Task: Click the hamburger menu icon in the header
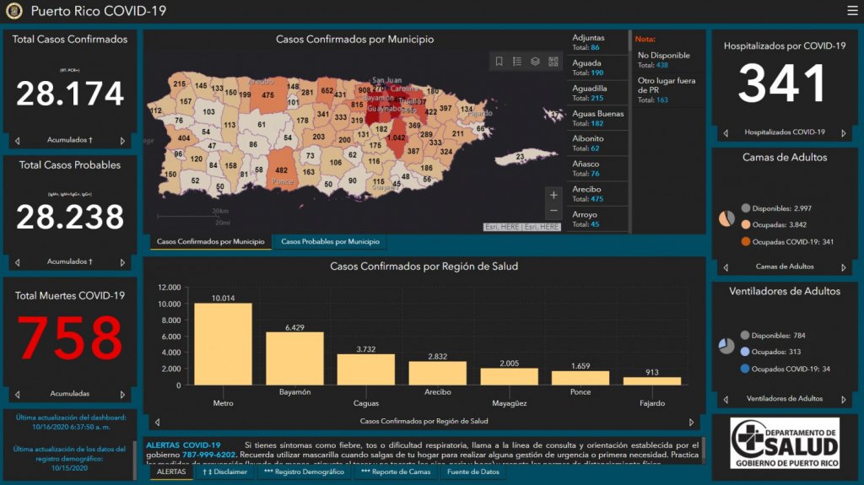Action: click(x=851, y=11)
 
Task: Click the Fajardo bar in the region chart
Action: click(x=652, y=380)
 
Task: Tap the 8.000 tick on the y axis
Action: click(x=169, y=321)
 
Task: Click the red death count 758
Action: click(x=70, y=338)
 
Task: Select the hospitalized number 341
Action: click(x=782, y=84)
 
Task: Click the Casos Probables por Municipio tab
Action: click(x=330, y=242)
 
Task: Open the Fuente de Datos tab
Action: click(x=473, y=472)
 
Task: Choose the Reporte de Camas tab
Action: click(x=395, y=472)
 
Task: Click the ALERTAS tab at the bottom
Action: click(x=171, y=472)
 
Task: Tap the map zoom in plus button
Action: click(x=553, y=195)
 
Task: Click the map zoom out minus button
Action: click(x=553, y=211)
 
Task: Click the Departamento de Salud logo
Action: click(x=785, y=443)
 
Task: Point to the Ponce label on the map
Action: click(x=283, y=181)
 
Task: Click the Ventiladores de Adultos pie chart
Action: click(x=726, y=346)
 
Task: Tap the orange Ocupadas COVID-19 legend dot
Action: click(x=746, y=242)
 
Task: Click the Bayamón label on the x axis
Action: click(x=294, y=392)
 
